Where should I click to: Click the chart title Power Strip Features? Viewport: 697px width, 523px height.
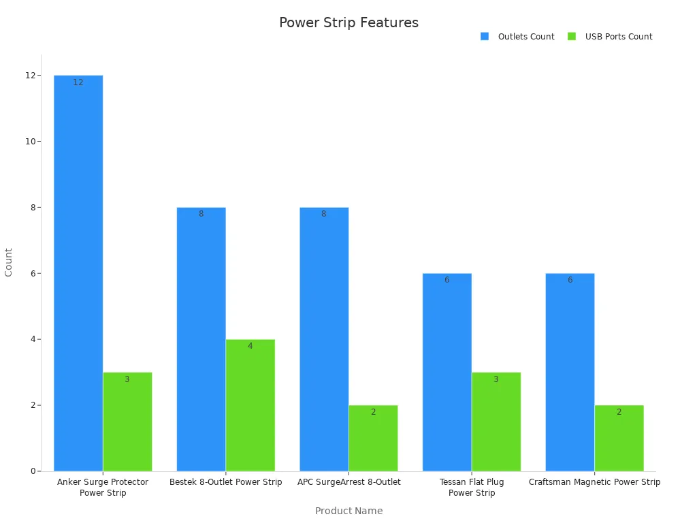348,22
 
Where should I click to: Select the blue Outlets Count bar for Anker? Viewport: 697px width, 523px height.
78,272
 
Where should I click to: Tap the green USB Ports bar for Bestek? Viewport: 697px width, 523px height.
250,405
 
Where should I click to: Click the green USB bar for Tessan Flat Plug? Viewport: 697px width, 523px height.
496,422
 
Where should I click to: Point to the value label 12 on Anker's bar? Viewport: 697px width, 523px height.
78,82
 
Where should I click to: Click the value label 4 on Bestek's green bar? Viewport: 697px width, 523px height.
250,346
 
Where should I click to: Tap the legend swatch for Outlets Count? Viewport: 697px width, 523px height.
485,37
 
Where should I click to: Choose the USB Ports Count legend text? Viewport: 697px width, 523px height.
619,37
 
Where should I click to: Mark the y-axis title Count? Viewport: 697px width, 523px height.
9,262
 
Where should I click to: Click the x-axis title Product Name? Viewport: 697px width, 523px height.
348,511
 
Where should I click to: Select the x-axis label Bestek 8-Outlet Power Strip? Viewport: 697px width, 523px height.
225,482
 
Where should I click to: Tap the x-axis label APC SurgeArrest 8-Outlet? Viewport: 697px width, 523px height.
348,482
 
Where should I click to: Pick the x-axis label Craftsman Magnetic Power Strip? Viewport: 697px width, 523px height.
594,482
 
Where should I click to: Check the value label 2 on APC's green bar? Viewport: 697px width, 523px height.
373,412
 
